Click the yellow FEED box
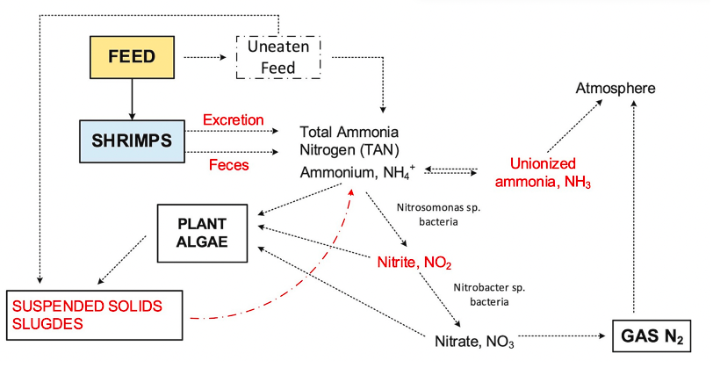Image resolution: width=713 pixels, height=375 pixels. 132,58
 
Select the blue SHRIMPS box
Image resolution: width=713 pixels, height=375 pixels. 131,141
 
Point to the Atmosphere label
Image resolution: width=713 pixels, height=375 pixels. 616,89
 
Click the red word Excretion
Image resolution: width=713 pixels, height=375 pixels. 233,119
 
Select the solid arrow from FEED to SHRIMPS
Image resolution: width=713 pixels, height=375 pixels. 132,99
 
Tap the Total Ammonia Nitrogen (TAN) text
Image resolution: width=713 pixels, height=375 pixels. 349,140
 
